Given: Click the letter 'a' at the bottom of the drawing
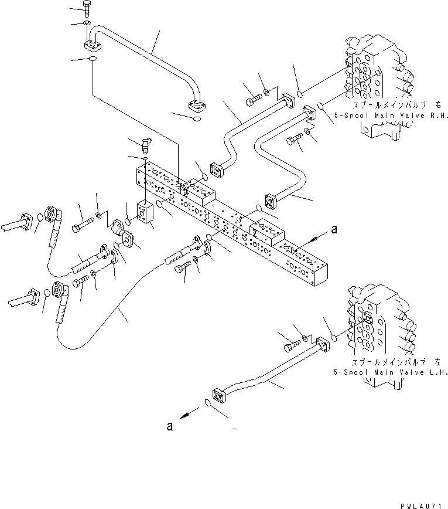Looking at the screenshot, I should (x=169, y=426).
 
